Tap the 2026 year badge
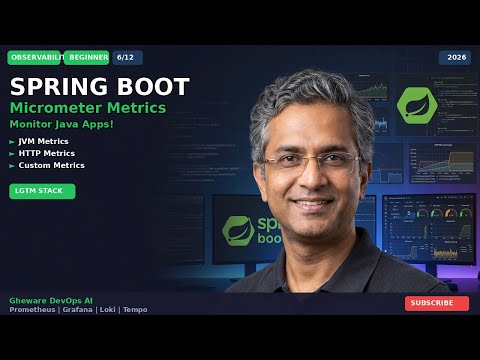[454, 58]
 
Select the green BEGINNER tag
[89, 58]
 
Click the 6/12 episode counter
[127, 58]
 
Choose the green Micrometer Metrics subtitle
[87, 107]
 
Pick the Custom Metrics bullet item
[51, 165]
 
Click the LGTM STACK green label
[42, 191]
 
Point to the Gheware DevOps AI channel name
[50, 300]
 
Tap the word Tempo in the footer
[135, 310]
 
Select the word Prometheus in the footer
[32, 310]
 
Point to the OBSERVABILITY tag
[33, 58]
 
